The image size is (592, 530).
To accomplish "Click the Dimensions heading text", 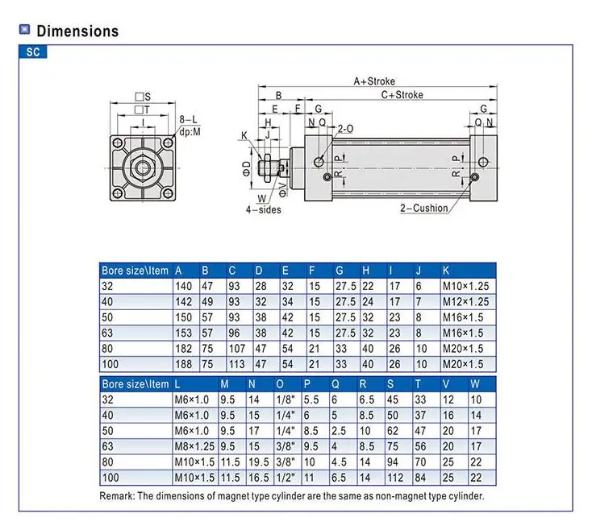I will coord(77,31).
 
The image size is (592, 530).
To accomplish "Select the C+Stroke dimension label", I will coord(401,95).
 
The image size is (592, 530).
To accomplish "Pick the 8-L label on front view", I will coord(188,119).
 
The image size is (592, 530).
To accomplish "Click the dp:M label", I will coord(190,131).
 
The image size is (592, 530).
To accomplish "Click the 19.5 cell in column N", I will coord(258,462).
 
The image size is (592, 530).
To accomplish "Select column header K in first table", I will coord(446,271).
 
